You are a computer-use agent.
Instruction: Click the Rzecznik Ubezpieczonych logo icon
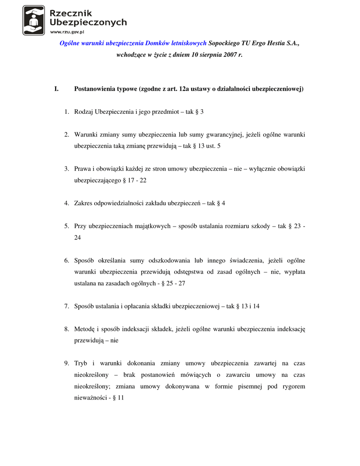click(x=34, y=20)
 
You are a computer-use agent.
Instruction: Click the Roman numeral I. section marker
click(x=56, y=89)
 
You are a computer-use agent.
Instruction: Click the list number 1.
click(x=66, y=111)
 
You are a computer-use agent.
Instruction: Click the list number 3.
click(x=66, y=169)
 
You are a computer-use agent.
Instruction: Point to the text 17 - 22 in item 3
click(x=138, y=181)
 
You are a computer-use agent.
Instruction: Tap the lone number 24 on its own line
click(x=78, y=238)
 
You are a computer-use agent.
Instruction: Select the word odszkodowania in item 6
click(x=168, y=260)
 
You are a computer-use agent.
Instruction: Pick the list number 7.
click(x=66, y=306)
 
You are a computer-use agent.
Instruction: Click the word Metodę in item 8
click(x=84, y=329)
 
